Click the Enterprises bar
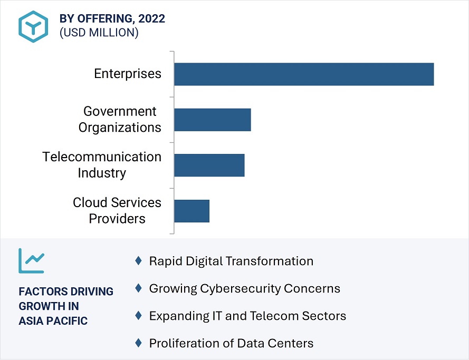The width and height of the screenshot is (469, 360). coord(304,74)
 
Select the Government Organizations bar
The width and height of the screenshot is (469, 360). coord(213,120)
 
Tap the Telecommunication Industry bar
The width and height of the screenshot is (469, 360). coord(209,165)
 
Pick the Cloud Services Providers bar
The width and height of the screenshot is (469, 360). coord(192,211)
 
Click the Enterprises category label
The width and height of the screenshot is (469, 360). coord(128,74)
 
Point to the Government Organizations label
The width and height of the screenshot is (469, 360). coord(120,120)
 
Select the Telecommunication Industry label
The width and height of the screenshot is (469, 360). coord(102,165)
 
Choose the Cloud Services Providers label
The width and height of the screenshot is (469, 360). coord(117,211)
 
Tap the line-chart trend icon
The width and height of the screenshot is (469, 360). coord(32,260)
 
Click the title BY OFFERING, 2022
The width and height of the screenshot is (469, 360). coord(112,18)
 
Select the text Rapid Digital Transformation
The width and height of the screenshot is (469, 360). coord(231,261)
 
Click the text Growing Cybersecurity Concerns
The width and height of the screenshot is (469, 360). coord(244,288)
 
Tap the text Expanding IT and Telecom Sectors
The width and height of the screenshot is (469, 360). coord(247,316)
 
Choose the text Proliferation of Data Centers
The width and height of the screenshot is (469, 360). coord(231,344)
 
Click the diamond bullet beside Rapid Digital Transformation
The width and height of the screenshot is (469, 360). coord(138,260)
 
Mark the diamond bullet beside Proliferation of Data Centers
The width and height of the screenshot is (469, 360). coord(138,343)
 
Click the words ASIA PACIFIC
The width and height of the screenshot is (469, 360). coord(53,321)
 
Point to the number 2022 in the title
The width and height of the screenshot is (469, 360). coord(151,18)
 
